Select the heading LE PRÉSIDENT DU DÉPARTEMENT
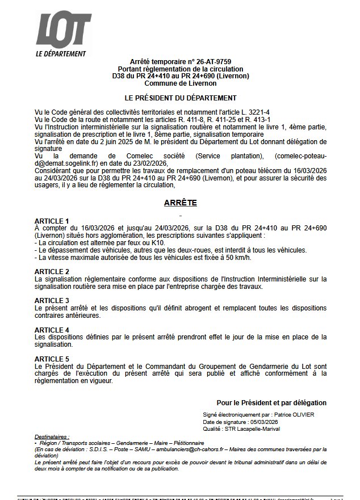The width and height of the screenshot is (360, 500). click(x=180, y=98)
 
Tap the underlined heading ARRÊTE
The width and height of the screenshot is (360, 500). click(x=181, y=202)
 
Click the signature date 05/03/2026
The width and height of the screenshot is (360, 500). click(x=266, y=422)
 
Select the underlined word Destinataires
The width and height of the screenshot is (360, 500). click(x=52, y=437)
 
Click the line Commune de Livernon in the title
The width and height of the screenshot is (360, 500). click(x=180, y=83)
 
